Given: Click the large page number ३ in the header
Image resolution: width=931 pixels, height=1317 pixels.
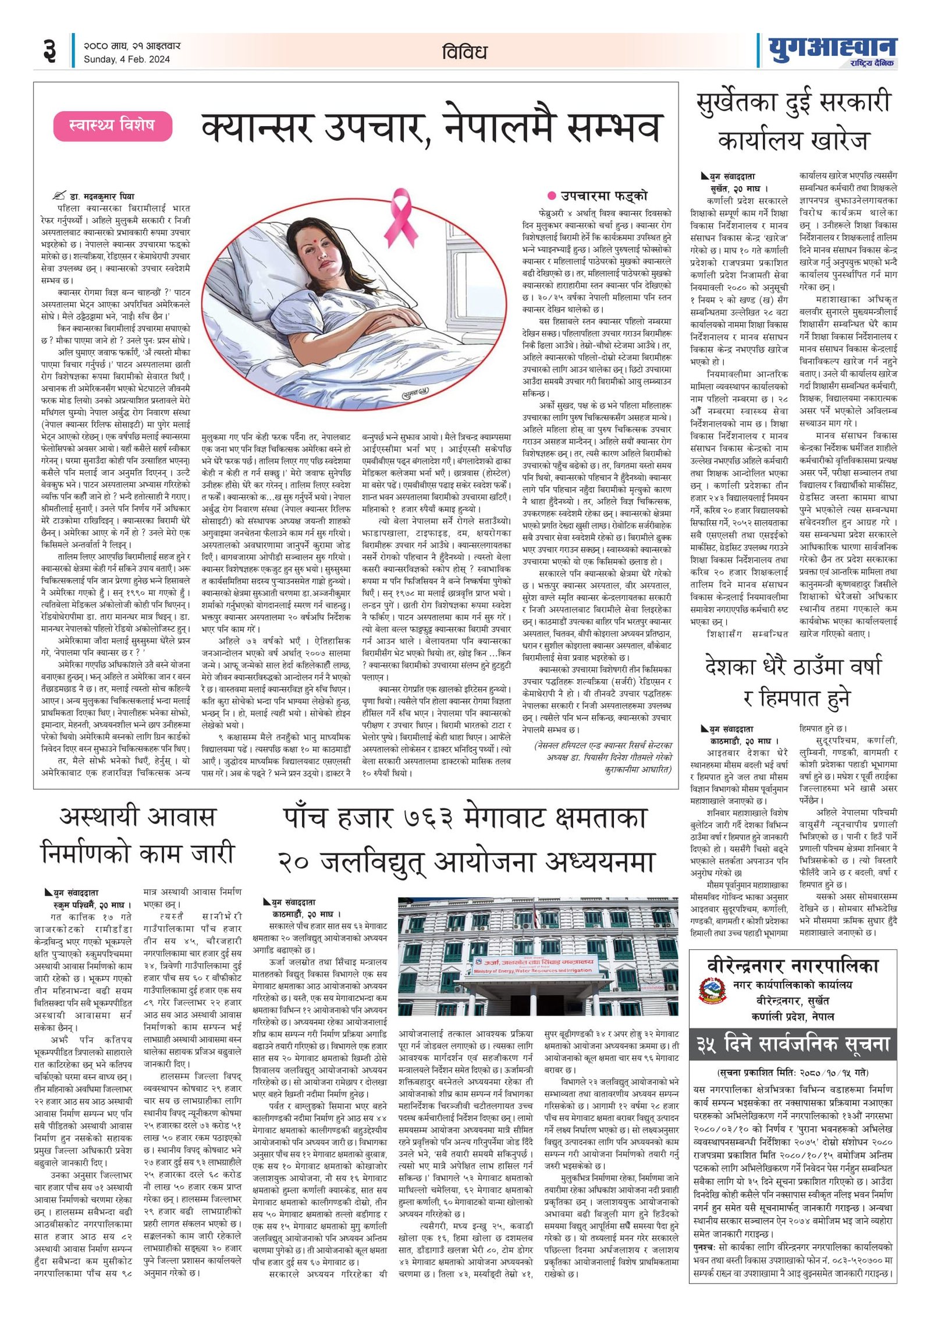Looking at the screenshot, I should [x=51, y=51].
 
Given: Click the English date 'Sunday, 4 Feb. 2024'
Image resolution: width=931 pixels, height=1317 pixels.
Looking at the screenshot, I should [x=127, y=59].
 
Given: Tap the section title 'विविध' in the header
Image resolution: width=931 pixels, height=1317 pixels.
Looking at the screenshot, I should [x=464, y=52].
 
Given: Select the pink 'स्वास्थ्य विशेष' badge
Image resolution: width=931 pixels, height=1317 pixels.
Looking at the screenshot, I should [x=112, y=126].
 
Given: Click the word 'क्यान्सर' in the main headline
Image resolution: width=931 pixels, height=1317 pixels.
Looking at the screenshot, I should [x=258, y=128].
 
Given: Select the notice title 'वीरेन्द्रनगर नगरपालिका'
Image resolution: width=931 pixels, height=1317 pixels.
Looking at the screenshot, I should [x=793, y=966].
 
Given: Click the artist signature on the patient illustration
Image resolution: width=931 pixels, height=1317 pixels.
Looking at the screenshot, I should [x=415, y=393].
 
